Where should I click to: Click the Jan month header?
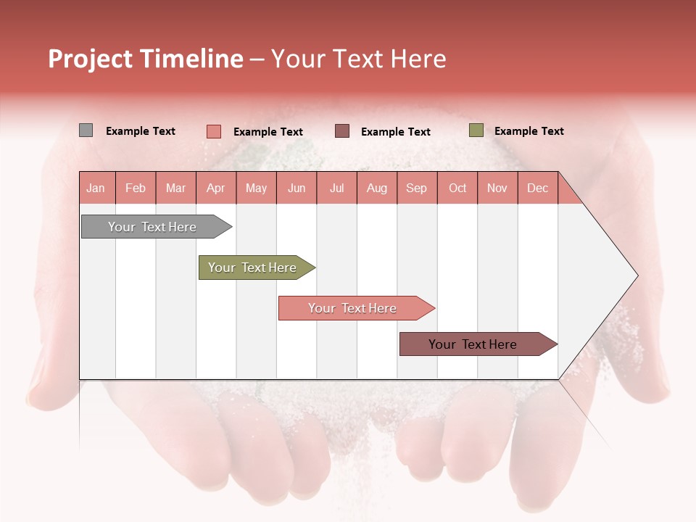pos(96,188)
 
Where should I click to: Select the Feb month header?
pos(136,188)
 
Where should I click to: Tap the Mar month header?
pos(175,188)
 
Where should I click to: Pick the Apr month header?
pos(215,188)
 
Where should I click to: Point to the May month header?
pos(256,188)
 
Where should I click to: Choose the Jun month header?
pos(297,188)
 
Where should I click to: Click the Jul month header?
pos(336,188)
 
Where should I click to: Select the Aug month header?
pos(376,188)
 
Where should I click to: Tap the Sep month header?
pos(416,188)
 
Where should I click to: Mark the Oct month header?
pos(457,188)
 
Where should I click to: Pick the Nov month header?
pos(497,188)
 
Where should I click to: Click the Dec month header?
pos(537,188)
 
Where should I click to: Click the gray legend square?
pos(86,130)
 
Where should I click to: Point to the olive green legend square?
pos(476,130)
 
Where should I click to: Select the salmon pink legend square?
pos(213,131)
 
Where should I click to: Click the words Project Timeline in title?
pos(146,59)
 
